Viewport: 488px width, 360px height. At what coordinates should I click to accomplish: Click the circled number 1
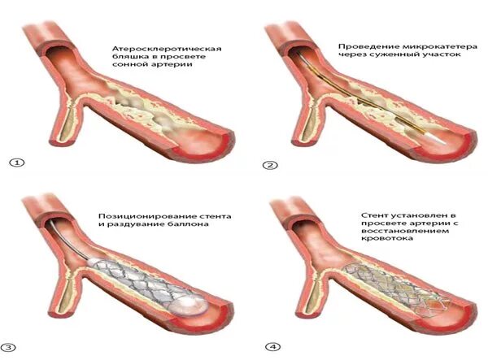[x=13, y=163]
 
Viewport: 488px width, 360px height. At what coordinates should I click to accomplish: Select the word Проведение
[x=364, y=47]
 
